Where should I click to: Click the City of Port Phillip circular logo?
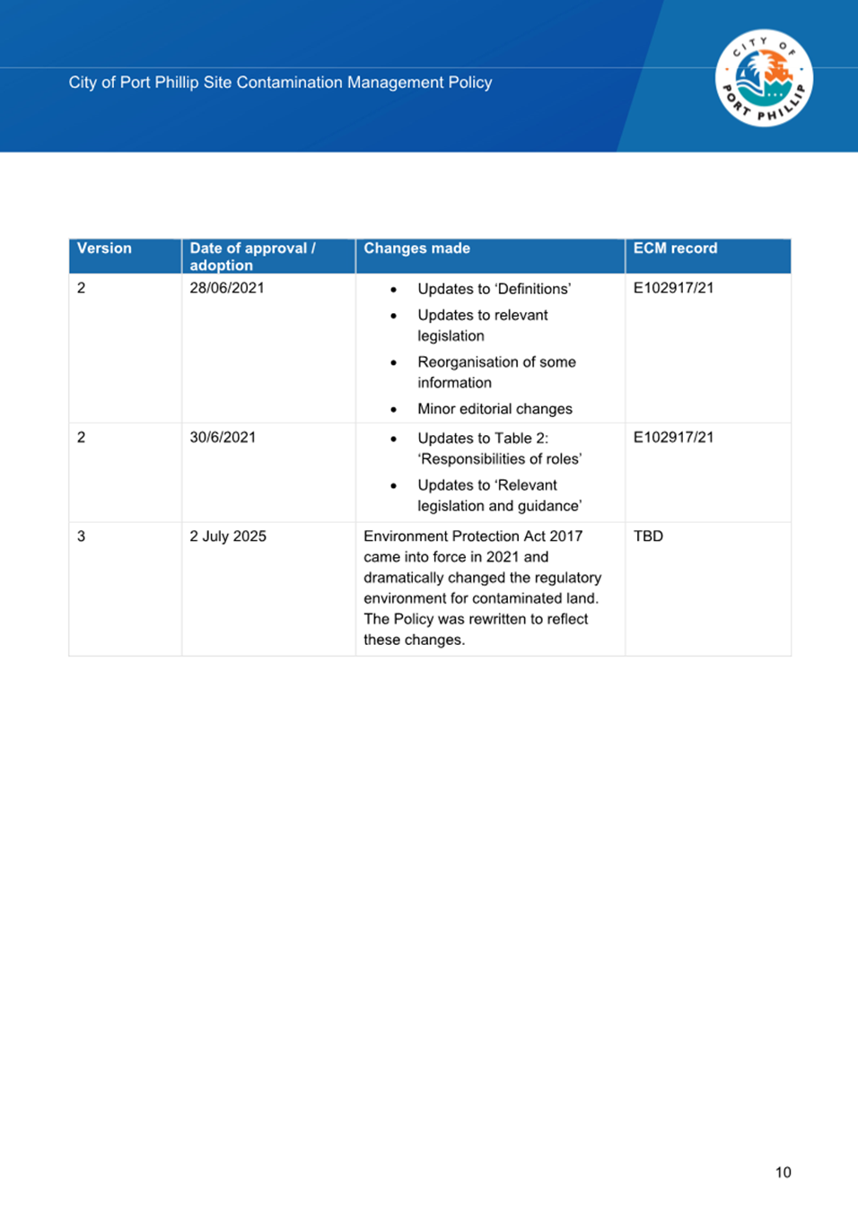(x=764, y=78)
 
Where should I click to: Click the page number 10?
(x=783, y=1172)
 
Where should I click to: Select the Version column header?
(x=104, y=248)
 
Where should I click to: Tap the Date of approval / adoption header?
(x=252, y=257)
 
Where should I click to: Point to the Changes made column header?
(x=416, y=248)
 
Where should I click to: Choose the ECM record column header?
(x=675, y=248)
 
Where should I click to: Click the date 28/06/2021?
(x=227, y=288)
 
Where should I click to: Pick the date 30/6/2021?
(x=223, y=438)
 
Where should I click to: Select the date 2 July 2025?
(x=228, y=536)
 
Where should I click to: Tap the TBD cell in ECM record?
(x=648, y=536)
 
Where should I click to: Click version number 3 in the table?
(x=82, y=536)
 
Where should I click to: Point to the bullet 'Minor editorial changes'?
(x=495, y=409)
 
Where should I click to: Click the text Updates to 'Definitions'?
(x=494, y=289)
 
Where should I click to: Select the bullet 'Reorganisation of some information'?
(x=496, y=372)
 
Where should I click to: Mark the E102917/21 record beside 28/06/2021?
(x=673, y=288)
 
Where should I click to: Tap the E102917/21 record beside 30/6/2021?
(x=673, y=438)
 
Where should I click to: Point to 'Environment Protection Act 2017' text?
(x=473, y=536)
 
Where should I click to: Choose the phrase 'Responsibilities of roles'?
(x=500, y=459)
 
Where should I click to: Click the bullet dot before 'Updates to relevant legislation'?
(x=393, y=316)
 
